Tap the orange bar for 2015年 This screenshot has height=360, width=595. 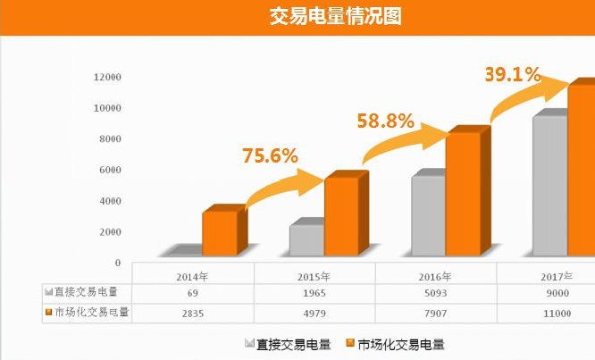(341, 216)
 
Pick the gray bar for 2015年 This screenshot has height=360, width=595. (306, 239)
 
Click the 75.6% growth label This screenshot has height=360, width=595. (269, 155)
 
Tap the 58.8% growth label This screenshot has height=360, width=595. (385, 119)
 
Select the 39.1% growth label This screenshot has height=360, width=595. (512, 74)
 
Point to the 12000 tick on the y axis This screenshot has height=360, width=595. (106, 77)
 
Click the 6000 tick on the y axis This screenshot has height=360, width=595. (109, 170)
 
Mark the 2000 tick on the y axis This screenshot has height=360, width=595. (109, 232)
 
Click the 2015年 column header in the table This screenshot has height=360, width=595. (314, 275)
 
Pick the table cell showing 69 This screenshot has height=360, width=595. (192, 293)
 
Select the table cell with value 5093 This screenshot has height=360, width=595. (435, 293)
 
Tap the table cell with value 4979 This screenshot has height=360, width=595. (314, 313)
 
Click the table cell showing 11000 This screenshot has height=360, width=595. (557, 313)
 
